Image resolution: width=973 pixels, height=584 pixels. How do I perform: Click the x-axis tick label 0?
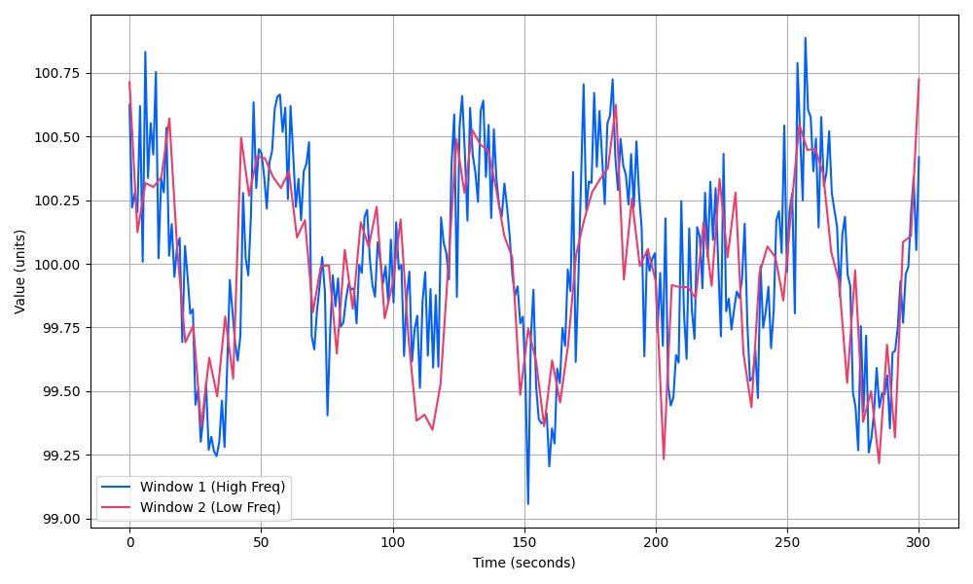(129, 541)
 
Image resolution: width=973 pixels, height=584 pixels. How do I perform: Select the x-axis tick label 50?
(261, 541)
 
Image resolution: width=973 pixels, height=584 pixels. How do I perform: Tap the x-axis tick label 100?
(392, 541)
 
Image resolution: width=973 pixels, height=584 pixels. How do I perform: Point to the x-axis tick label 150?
(524, 541)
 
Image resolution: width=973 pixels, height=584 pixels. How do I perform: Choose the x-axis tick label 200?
(656, 541)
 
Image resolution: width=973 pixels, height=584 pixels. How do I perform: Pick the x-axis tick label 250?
(787, 541)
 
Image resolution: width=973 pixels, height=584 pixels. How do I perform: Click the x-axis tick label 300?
(919, 541)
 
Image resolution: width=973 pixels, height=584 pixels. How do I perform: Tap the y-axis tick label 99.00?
(61, 519)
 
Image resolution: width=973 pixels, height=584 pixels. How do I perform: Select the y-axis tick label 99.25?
(61, 455)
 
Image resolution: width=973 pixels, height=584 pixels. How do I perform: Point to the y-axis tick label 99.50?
(61, 391)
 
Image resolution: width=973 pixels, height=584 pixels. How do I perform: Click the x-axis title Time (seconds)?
(523, 563)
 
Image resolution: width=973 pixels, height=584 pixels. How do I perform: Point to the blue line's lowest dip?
(527, 504)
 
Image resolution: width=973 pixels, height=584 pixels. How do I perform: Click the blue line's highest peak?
(806, 38)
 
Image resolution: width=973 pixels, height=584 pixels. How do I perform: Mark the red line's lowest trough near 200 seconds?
(664, 458)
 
